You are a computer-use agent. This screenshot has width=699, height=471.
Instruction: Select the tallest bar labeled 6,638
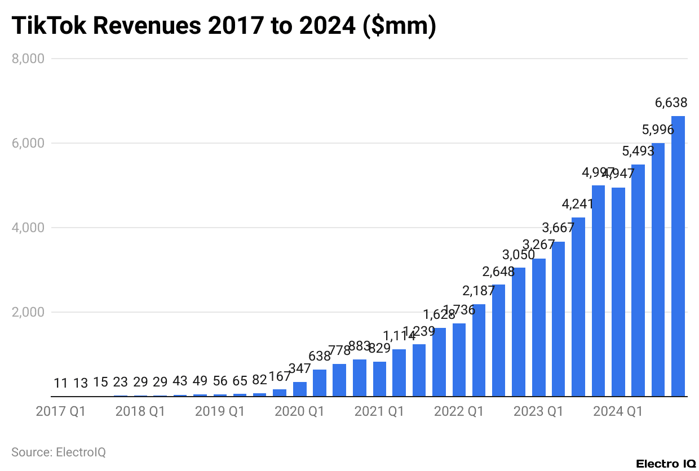(x=678, y=256)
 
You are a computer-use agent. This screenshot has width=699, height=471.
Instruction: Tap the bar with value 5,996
(x=658, y=270)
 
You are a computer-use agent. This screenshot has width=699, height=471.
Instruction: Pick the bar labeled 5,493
(x=638, y=281)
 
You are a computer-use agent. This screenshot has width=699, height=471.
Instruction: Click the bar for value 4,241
(x=578, y=307)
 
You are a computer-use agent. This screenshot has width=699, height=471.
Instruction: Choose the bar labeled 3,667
(x=558, y=319)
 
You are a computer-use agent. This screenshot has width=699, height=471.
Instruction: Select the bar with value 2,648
(x=498, y=340)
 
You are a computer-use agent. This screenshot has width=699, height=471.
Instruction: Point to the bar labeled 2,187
(x=479, y=350)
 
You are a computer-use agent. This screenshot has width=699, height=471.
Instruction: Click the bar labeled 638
(x=319, y=383)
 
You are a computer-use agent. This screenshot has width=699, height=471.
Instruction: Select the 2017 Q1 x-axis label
(x=60, y=412)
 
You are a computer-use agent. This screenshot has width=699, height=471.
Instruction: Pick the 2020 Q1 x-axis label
(x=299, y=412)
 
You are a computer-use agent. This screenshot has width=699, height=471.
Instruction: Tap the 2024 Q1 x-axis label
(x=618, y=412)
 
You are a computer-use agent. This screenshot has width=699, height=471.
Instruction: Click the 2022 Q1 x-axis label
(x=459, y=412)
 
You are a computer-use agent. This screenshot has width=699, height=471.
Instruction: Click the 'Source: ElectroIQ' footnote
(x=58, y=452)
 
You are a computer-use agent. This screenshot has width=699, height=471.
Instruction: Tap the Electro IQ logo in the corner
(x=666, y=464)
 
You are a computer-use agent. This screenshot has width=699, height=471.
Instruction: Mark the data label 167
(x=280, y=376)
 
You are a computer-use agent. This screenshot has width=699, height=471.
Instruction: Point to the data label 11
(x=61, y=383)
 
